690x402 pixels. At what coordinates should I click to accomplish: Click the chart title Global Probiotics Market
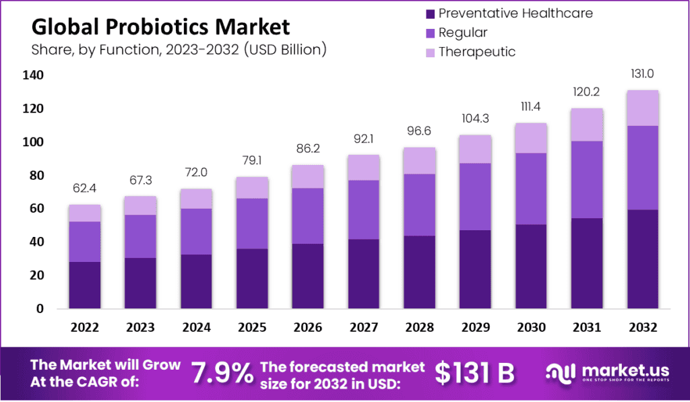pos(161,28)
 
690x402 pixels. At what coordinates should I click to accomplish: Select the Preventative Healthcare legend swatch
pos(429,13)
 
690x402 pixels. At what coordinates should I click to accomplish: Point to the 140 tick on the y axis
pos(35,75)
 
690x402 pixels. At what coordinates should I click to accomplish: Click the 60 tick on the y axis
pos(35,209)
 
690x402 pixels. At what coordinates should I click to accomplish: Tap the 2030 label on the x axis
pos(530,328)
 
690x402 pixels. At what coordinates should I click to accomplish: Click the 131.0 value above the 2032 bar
pos(641,75)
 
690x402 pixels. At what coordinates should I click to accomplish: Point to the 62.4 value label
pos(84,189)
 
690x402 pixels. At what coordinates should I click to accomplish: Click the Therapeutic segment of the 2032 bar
pos(641,108)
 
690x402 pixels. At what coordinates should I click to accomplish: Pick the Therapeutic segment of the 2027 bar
pos(363,168)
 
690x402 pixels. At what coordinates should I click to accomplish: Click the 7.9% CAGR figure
pos(222,372)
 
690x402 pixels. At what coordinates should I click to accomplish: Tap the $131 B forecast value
pos(474,372)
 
